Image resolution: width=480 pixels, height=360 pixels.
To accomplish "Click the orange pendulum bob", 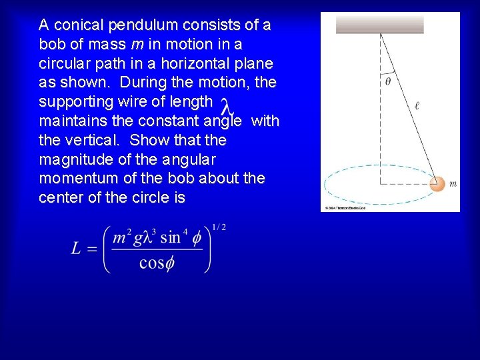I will pyautogui.click(x=437, y=184).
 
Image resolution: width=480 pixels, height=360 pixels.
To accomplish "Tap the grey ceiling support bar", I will pyautogui.click(x=379, y=25).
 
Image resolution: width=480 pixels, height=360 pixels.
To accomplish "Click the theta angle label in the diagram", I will pyautogui.click(x=388, y=82).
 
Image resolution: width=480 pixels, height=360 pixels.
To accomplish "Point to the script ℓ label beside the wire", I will pyautogui.click(x=417, y=105).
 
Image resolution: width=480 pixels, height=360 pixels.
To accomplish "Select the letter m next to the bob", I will pyautogui.click(x=453, y=184).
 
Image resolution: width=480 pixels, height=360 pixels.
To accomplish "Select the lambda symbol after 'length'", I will pyautogui.click(x=227, y=107).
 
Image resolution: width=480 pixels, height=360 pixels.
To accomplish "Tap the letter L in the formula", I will pyautogui.click(x=77, y=249).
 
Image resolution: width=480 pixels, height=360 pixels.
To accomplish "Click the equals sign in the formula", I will pyautogui.click(x=93, y=249).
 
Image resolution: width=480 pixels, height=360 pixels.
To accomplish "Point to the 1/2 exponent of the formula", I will pyautogui.click(x=219, y=227).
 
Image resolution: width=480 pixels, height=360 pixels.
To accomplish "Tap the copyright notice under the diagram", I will pyautogui.click(x=345, y=208).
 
